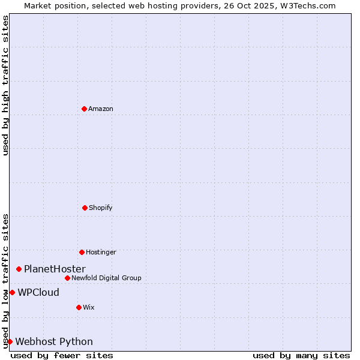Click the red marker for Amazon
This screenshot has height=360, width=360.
pyautogui.click(x=85, y=109)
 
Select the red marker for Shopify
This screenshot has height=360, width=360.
pyautogui.click(x=85, y=208)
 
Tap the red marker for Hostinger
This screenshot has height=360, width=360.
pyautogui.click(x=82, y=252)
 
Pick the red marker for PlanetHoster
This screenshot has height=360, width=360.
pyautogui.click(x=19, y=269)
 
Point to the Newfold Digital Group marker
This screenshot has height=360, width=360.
pyautogui.click(x=67, y=278)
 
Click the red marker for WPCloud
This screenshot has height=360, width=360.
pyautogui.click(x=12, y=292)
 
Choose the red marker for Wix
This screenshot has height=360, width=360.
pyautogui.click(x=79, y=307)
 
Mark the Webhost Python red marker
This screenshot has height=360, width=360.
pyautogui.click(x=10, y=341)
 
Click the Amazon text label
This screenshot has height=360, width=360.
pyautogui.click(x=101, y=109)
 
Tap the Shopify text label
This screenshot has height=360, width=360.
pyautogui.click(x=101, y=208)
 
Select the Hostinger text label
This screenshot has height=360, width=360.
pyautogui.click(x=101, y=252)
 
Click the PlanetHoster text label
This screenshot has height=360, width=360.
pyautogui.click(x=55, y=269)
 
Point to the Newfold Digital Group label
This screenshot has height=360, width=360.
pyautogui.click(x=106, y=278)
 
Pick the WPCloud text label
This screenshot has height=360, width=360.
pyautogui.click(x=38, y=292)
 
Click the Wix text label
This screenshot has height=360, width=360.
pyautogui.click(x=89, y=307)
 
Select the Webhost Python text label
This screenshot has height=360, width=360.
pyautogui.click(x=54, y=341)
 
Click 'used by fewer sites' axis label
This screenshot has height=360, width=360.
pyautogui.click(x=62, y=355)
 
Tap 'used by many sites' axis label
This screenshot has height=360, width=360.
pyautogui.click(x=301, y=355)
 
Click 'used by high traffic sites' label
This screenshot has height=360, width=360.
pyautogui.click(x=5, y=85)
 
